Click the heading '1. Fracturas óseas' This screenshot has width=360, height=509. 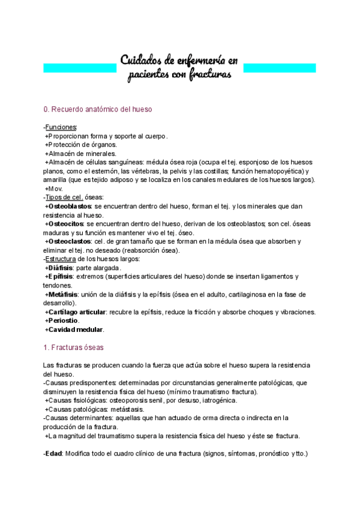pyautogui.click(x=73, y=348)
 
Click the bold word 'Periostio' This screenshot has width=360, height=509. pyautogui.click(x=62, y=321)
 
